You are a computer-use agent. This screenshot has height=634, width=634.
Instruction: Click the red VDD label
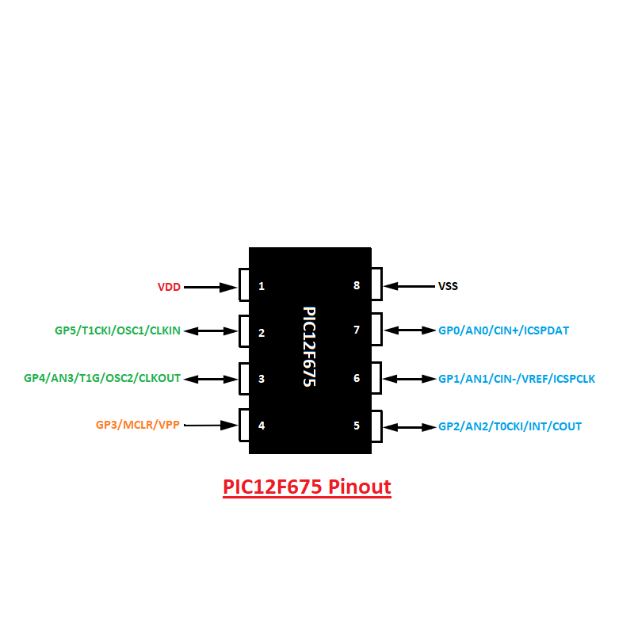pyautogui.click(x=169, y=287)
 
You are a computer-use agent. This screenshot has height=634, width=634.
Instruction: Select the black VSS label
pyautogui.click(x=448, y=286)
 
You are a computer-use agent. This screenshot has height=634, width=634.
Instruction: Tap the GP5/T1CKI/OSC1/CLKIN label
pyautogui.click(x=117, y=330)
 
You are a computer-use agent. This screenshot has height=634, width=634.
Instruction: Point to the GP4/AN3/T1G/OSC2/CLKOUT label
pyautogui.click(x=102, y=379)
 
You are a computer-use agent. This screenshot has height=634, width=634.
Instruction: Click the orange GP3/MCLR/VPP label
pyautogui.click(x=138, y=425)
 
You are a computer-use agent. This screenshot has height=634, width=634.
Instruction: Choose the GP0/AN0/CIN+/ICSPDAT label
pyautogui.click(x=503, y=330)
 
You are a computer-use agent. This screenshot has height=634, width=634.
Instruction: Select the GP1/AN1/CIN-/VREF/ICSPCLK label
pyautogui.click(x=517, y=379)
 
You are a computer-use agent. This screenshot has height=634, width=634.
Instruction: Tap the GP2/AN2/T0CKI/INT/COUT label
pyautogui.click(x=510, y=426)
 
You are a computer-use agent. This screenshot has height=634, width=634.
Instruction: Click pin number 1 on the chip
pyautogui.click(x=262, y=286)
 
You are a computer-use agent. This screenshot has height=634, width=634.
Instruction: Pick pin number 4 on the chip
pyautogui.click(x=262, y=426)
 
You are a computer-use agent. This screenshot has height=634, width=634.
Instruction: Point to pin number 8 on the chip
pyautogui.click(x=357, y=285)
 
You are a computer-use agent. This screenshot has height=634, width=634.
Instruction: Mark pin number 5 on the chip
pyautogui.click(x=357, y=426)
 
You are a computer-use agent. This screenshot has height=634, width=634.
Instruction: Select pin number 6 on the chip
pyautogui.click(x=357, y=378)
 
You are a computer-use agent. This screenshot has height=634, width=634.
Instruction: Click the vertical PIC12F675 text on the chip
pyautogui.click(x=309, y=347)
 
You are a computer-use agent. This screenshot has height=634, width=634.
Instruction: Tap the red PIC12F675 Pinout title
pyautogui.click(x=307, y=486)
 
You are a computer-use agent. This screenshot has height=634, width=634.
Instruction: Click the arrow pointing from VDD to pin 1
pyautogui.click(x=211, y=287)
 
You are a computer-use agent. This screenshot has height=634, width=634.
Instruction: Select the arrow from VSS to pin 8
pyautogui.click(x=408, y=286)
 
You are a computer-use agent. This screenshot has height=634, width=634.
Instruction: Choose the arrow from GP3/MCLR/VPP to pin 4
pyautogui.click(x=211, y=426)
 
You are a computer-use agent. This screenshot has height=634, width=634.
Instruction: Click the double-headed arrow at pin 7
pyautogui.click(x=409, y=330)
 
